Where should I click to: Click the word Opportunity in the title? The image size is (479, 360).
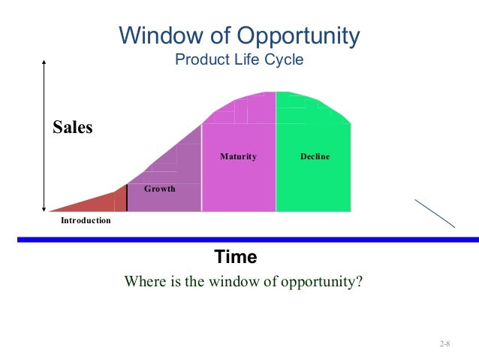point(300,35)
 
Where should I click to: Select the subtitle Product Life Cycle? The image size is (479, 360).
point(239,59)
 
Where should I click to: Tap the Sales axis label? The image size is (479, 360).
point(73,127)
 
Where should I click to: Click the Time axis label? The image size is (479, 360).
point(236,258)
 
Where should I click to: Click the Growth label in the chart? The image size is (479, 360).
point(159,189)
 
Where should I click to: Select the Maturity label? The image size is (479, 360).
point(238,157)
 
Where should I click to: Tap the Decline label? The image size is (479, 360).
point(315,157)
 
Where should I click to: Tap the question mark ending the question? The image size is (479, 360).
point(360,283)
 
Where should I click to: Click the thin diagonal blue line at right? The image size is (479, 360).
point(436,213)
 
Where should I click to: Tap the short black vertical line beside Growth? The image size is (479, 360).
point(127,196)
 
